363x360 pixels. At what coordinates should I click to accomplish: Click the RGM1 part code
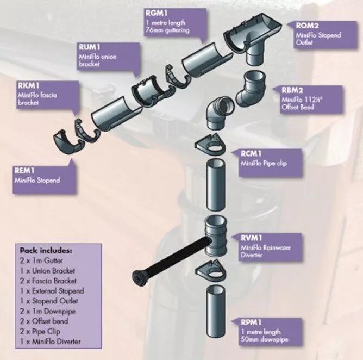point(157,13)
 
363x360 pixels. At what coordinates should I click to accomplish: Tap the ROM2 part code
point(307,26)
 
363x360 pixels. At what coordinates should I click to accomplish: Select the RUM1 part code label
point(90,47)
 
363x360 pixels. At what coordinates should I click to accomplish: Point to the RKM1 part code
point(28,85)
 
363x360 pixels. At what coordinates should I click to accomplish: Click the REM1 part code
point(24,171)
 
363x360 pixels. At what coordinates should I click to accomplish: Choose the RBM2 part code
point(292,90)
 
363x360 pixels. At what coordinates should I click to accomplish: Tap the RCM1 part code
point(252,153)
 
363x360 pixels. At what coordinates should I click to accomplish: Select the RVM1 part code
point(252,238)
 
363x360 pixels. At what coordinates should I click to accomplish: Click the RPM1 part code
point(251,322)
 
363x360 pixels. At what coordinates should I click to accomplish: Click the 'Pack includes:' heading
point(46,251)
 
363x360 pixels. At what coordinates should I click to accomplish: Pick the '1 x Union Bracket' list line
point(47,271)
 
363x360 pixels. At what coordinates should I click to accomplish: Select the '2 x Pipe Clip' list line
point(40,332)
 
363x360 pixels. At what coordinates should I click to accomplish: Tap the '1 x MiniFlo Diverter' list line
point(50,342)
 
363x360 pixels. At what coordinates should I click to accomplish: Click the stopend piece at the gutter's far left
point(66,142)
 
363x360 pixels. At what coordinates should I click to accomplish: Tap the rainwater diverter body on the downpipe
point(216,235)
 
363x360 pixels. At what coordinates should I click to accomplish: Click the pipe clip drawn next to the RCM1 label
point(210,145)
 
